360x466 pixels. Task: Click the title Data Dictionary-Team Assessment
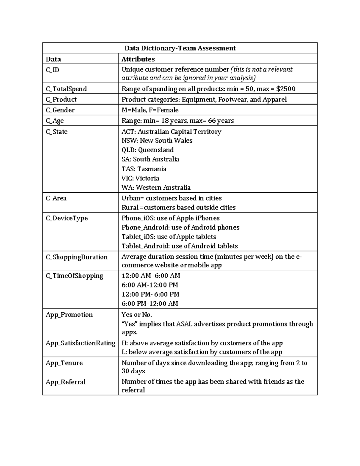[180, 48]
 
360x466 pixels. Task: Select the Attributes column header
[138, 59]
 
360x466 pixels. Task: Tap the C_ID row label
[52, 70]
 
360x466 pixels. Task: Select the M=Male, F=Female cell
[150, 110]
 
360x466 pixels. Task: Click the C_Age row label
[55, 121]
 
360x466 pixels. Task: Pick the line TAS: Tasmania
[144, 169]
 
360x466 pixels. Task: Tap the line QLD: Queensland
[147, 150]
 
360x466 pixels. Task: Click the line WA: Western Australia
[156, 188]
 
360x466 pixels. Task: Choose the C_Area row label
[56, 198]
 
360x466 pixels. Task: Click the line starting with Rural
[178, 207]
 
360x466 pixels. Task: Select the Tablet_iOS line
[169, 236]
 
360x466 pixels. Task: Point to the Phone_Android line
[180, 227]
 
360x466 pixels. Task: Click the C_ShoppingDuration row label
[76, 257]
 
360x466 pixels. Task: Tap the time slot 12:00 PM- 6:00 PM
[150, 294]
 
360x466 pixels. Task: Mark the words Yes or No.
[136, 315]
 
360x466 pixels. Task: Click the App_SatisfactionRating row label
[80, 343]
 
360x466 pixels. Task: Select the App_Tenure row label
[64, 363]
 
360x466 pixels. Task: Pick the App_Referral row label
[66, 382]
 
